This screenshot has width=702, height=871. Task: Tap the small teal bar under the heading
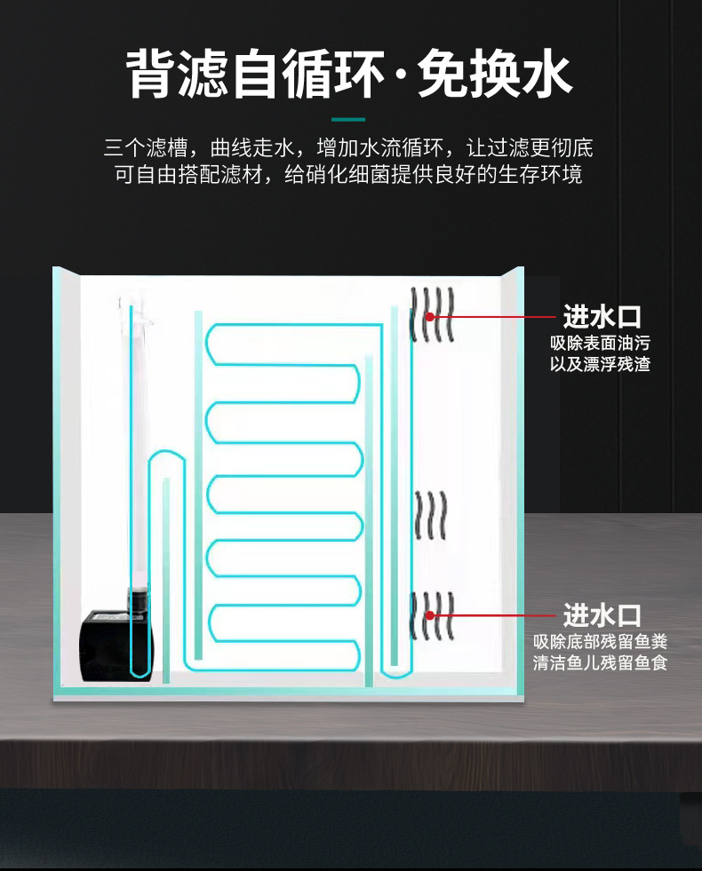348,118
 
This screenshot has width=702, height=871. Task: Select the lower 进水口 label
602,614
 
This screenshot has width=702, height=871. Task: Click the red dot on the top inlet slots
430,316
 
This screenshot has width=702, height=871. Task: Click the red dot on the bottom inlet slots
430,614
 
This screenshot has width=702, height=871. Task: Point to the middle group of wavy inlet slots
431,515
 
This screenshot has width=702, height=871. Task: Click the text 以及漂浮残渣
600,365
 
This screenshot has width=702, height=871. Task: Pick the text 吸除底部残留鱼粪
600,641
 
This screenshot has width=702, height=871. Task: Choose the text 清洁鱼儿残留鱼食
600,662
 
